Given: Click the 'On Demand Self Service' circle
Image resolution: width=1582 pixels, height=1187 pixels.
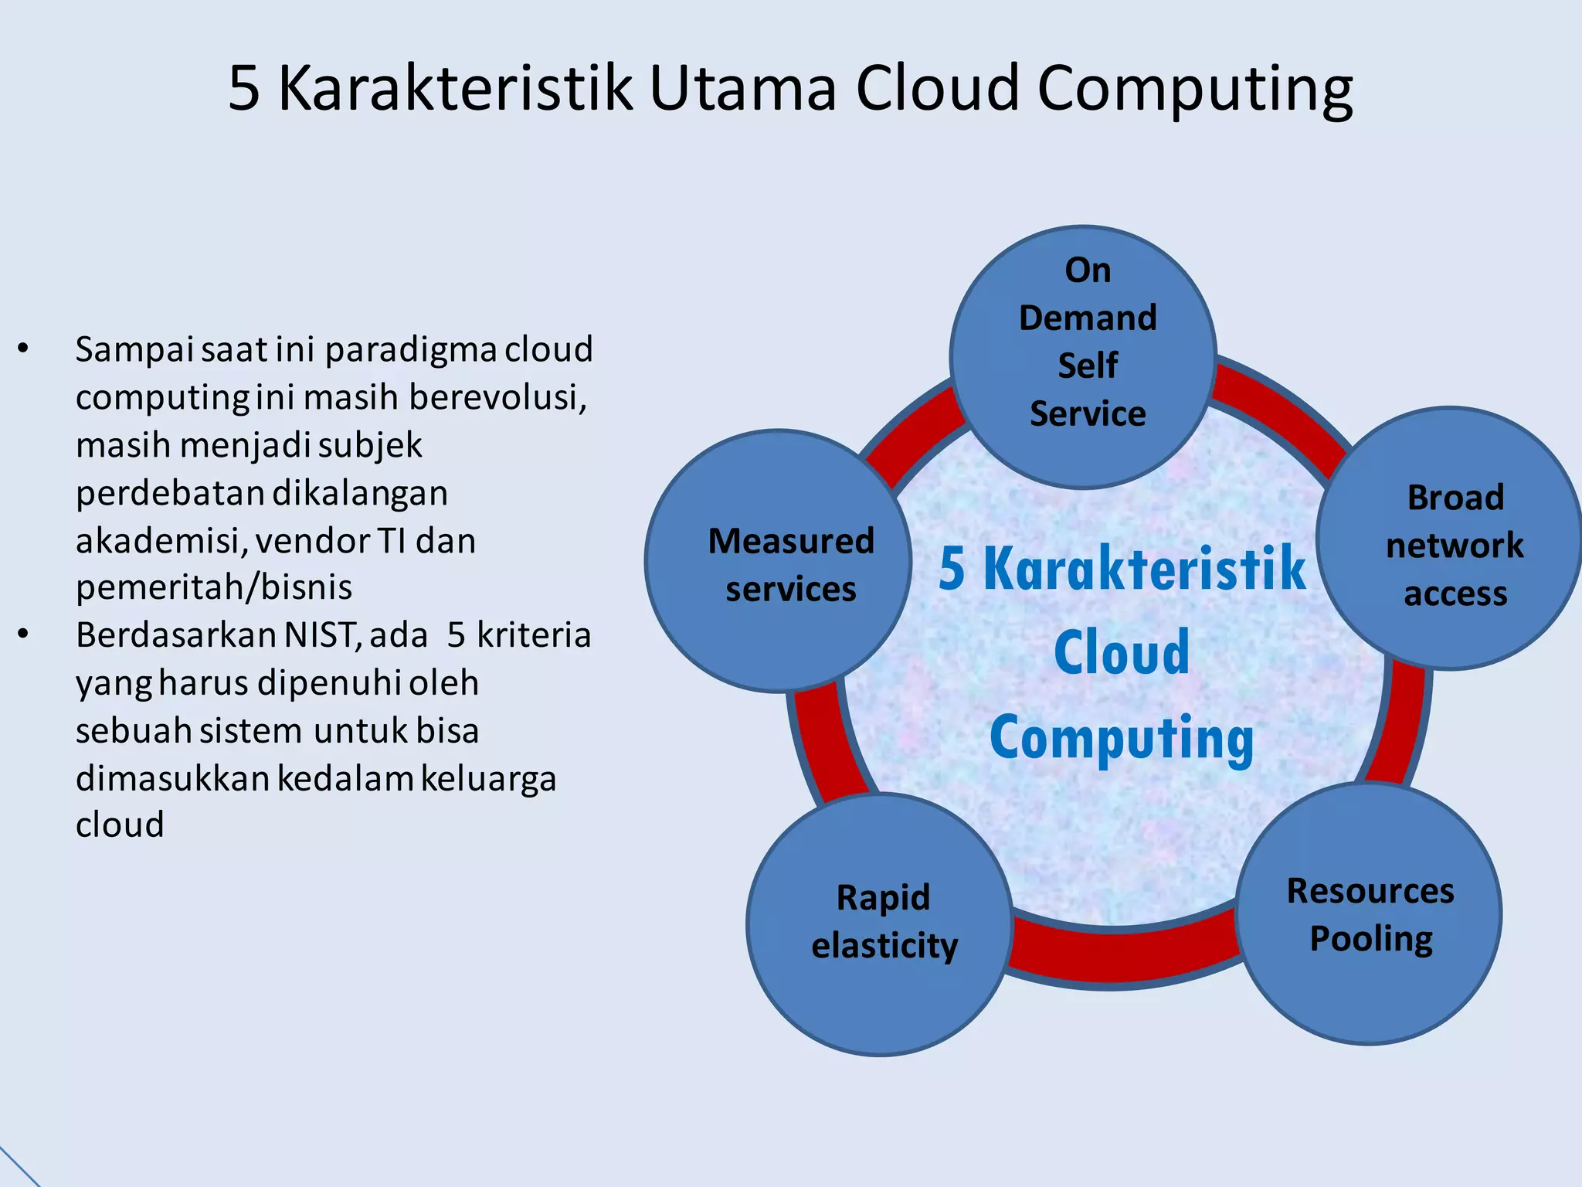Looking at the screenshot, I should [x=1084, y=357].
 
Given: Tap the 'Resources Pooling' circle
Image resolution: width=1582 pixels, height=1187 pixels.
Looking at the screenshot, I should [x=1369, y=914].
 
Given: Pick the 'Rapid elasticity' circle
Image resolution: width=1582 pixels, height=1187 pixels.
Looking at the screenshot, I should [x=881, y=924].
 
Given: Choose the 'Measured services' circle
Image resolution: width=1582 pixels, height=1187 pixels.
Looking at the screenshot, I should [x=779, y=561].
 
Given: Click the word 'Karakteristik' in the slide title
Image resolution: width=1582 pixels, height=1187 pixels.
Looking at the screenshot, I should [x=456, y=89].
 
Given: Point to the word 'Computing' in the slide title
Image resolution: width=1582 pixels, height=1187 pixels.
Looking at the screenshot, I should [x=1194, y=89].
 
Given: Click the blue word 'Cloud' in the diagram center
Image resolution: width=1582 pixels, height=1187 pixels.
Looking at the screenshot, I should [x=1122, y=653].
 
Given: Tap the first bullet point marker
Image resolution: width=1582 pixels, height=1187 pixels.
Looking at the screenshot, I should [x=23, y=349].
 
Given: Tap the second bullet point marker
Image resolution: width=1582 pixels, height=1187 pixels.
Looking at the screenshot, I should [x=23, y=635].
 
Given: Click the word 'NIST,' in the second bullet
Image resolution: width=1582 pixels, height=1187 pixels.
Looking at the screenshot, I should [x=324, y=635].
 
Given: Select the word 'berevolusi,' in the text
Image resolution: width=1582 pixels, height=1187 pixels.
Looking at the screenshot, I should [x=498, y=397].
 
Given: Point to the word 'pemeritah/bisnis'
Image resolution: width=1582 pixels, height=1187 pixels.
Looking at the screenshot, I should [x=214, y=587].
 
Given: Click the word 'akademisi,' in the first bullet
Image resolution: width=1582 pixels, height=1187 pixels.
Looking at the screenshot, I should [x=162, y=540].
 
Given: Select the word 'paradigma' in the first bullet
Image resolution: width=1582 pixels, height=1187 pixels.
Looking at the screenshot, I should [x=411, y=349].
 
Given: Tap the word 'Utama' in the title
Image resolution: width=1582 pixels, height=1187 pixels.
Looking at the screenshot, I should [x=743, y=89].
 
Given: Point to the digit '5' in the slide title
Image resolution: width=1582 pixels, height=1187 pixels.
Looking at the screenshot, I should [x=244, y=89].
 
